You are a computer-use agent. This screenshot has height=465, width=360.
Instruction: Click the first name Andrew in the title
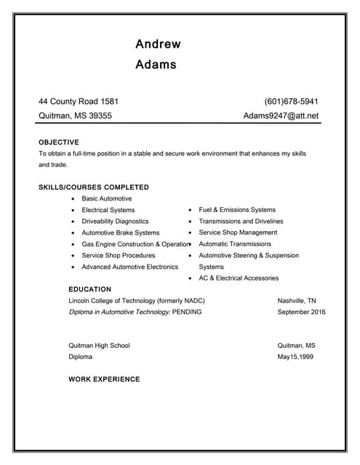click(x=158, y=44)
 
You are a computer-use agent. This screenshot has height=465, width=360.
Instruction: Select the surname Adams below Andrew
click(x=156, y=65)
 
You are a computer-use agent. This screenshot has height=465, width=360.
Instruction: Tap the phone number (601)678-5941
click(x=291, y=102)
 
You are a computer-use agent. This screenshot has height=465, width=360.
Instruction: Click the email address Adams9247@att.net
click(x=281, y=116)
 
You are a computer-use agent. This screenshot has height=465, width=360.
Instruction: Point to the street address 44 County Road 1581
click(x=79, y=102)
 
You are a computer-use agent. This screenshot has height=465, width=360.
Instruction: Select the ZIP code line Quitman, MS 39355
click(x=75, y=116)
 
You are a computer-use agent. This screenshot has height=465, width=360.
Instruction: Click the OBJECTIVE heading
click(x=59, y=142)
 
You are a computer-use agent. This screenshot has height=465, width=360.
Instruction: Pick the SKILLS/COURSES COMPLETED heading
click(x=94, y=187)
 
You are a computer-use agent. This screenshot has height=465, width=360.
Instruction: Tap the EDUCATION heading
click(x=89, y=289)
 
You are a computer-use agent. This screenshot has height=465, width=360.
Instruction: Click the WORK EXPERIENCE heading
click(x=104, y=379)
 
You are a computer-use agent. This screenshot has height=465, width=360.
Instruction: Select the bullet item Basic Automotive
click(x=107, y=198)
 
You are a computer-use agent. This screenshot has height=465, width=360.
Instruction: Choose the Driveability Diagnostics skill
click(x=115, y=221)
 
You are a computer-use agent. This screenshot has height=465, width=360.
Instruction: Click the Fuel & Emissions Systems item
click(x=237, y=210)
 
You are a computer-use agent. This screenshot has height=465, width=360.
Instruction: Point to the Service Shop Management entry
click(x=238, y=232)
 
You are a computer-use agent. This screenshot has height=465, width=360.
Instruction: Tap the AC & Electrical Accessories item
click(x=239, y=278)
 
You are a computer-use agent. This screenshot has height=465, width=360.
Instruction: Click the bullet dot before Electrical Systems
click(x=73, y=210)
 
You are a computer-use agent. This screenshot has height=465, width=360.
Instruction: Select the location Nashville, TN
click(x=297, y=301)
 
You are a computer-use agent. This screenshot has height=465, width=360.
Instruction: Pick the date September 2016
click(x=301, y=312)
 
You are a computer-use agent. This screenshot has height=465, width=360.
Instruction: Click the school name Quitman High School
click(x=99, y=346)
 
